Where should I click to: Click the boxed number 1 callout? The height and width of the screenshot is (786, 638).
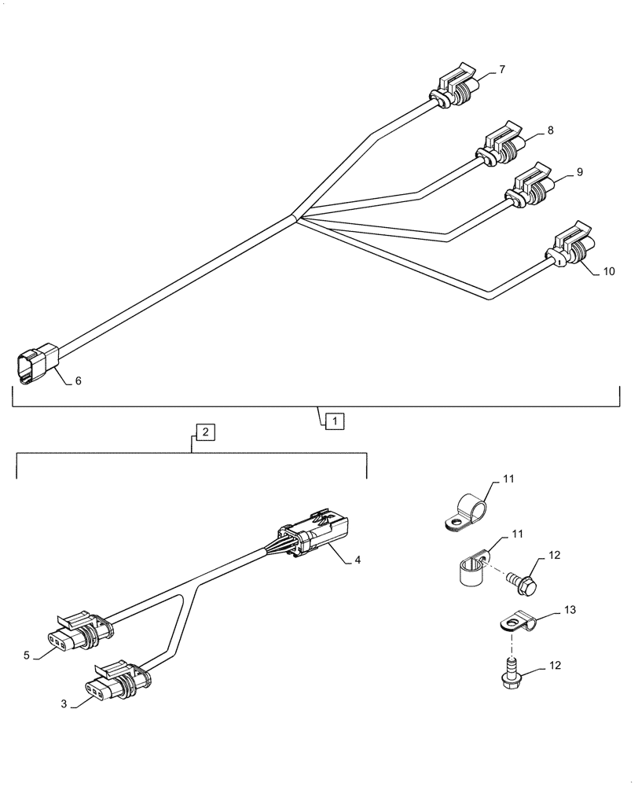click(334, 421)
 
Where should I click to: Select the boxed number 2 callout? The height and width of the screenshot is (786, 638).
click(203, 432)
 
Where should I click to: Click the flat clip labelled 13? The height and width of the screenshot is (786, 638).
click(516, 623)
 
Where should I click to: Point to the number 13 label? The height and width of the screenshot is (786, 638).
click(570, 610)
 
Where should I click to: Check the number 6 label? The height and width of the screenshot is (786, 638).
click(79, 381)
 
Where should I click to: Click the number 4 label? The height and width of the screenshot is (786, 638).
click(357, 560)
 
